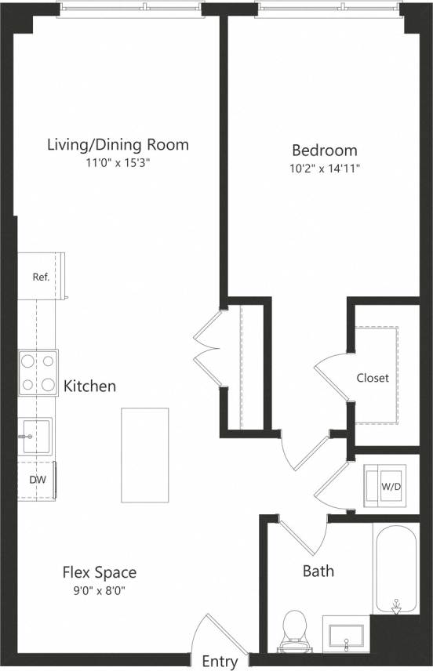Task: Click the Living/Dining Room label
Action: [118, 144]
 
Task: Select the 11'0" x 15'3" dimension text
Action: [118, 163]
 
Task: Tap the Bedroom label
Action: [325, 150]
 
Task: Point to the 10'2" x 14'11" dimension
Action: [325, 168]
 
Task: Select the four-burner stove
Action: [38, 373]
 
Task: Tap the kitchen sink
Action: [35, 437]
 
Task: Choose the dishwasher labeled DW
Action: [37, 479]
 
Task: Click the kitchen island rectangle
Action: [145, 455]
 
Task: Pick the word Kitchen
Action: [89, 386]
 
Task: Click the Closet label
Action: [373, 378]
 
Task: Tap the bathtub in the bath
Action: [397, 568]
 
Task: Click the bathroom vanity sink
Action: [346, 636]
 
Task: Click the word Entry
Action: [220, 662]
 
